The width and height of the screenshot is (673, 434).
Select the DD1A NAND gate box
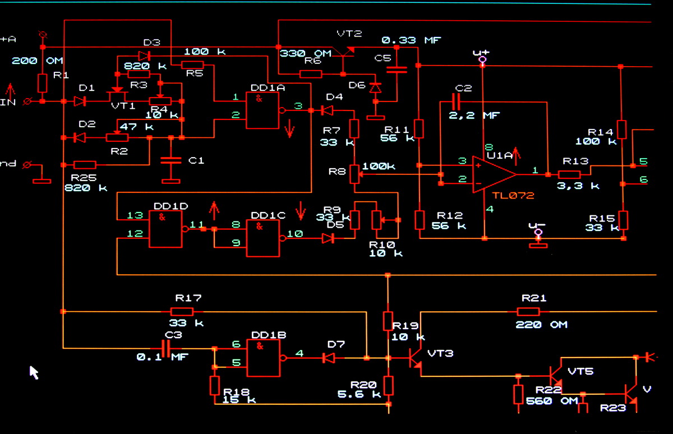point(263,110)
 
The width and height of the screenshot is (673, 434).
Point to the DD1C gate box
point(263,238)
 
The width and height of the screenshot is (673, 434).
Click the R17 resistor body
point(182,311)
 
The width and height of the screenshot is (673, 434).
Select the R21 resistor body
point(528,311)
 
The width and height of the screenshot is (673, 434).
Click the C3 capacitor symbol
point(168,348)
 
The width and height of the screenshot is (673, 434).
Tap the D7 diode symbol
point(328,357)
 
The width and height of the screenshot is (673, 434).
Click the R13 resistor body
point(569,174)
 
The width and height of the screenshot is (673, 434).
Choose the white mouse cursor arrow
point(34,372)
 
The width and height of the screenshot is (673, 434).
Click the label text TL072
point(513,196)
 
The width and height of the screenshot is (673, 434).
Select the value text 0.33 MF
point(412,40)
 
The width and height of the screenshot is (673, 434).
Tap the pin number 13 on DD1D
point(135,215)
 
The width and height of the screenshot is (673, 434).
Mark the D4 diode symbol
point(326,110)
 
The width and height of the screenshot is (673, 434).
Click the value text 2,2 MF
point(474,116)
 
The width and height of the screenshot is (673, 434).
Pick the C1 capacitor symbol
point(171,160)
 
